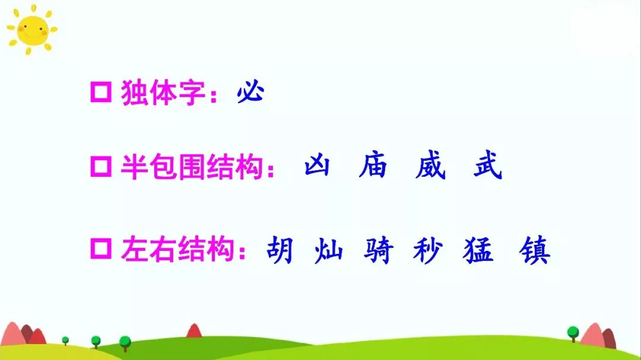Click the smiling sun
(x=31, y=29)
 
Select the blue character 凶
(x=317, y=167)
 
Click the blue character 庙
(x=373, y=167)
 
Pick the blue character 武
(x=487, y=167)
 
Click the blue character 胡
(x=280, y=250)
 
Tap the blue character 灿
(x=328, y=250)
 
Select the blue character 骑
(x=379, y=250)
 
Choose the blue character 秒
(x=428, y=250)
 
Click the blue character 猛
(x=478, y=250)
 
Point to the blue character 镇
(x=534, y=250)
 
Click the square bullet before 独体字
(x=101, y=94)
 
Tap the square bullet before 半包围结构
(x=101, y=167)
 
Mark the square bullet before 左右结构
(x=101, y=249)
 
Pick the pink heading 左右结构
(x=177, y=250)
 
